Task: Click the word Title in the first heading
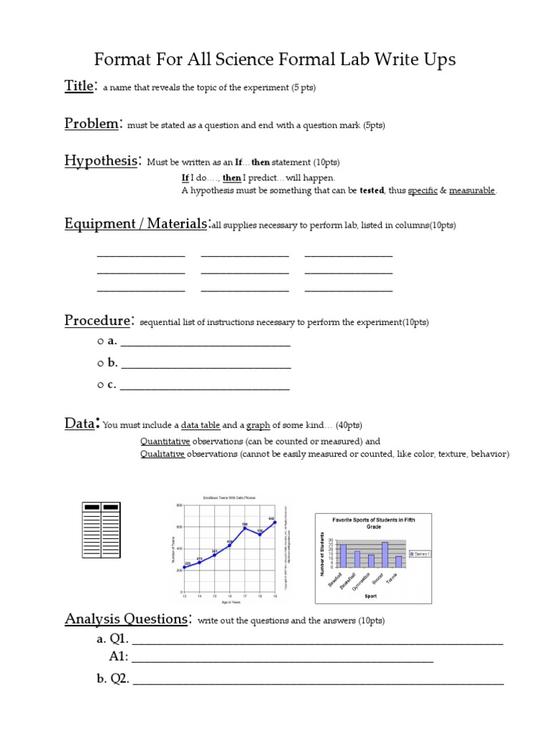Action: [x=78, y=87]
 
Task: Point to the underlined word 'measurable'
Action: [x=472, y=191]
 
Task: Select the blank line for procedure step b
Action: [x=206, y=364]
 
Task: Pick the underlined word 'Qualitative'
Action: [x=163, y=455]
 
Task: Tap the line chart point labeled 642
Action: [x=275, y=522]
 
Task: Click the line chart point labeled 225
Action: [x=185, y=567]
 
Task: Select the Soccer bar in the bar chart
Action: [x=385, y=555]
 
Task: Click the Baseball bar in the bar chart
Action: [x=343, y=556]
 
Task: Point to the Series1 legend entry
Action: [x=418, y=554]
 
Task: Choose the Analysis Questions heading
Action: [x=127, y=618]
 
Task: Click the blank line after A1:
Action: [x=282, y=656]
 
